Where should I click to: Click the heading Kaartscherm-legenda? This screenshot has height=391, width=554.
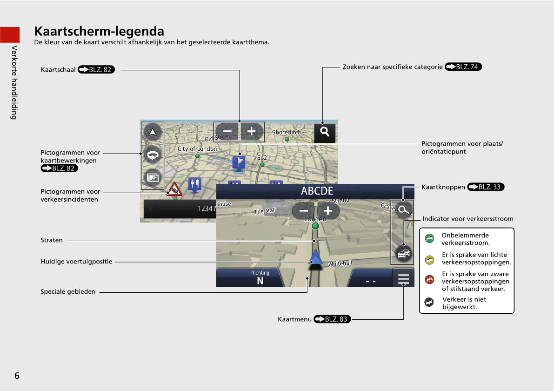(x=99, y=31)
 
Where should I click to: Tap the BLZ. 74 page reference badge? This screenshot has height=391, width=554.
(x=463, y=67)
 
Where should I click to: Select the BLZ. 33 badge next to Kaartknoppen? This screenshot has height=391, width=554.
(x=486, y=187)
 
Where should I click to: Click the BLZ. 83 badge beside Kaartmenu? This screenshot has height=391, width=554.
(x=332, y=319)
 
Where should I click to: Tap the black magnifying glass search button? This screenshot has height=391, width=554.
(x=325, y=132)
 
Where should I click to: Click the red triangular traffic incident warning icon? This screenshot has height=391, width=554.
(x=174, y=189)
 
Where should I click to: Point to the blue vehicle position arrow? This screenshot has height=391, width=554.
(x=315, y=257)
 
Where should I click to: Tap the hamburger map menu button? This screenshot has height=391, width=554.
(x=403, y=278)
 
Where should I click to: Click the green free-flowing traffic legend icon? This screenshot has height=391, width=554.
(x=429, y=239)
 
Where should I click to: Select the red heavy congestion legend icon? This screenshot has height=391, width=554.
(x=429, y=280)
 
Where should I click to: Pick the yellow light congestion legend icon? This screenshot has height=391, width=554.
(x=429, y=260)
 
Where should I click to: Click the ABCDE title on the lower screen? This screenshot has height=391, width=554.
(x=317, y=191)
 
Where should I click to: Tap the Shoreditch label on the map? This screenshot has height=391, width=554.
(x=287, y=132)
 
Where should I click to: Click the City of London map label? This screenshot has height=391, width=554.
(x=197, y=149)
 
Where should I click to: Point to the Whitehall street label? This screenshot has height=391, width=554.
(x=340, y=263)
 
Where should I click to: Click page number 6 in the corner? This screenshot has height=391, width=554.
(x=17, y=376)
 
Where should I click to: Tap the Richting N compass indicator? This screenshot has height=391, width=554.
(x=260, y=277)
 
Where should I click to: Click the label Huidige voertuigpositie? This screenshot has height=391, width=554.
(x=76, y=262)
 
